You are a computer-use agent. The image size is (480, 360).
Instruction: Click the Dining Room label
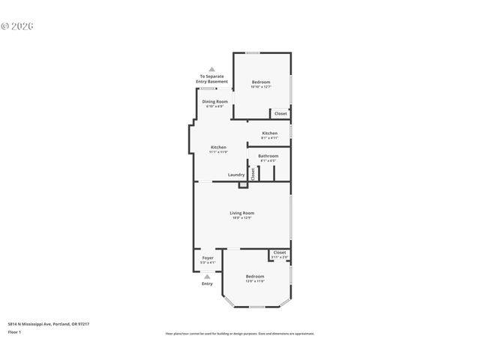(215, 101)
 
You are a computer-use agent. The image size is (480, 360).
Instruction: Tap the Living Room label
(241, 213)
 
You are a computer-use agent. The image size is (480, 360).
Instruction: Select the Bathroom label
(268, 156)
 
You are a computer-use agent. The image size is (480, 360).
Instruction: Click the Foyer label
(208, 258)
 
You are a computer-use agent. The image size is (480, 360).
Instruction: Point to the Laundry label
(236, 175)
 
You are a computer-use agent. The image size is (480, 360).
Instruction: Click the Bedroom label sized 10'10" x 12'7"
(261, 82)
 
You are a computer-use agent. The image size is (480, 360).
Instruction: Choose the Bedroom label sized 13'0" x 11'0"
(255, 277)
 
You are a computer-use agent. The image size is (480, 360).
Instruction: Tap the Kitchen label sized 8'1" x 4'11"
(269, 133)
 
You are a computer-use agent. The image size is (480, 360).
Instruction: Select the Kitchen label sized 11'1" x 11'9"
(218, 147)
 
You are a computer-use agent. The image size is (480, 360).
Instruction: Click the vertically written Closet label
(253, 174)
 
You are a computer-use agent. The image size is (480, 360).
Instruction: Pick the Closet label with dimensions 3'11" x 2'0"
(280, 253)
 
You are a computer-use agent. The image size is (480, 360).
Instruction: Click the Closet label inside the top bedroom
(280, 113)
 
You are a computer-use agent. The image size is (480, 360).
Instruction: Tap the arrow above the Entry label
(207, 276)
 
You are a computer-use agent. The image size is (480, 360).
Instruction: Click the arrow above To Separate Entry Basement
(211, 69)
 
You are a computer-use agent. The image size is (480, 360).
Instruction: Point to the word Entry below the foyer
(207, 283)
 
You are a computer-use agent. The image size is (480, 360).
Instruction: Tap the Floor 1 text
(15, 331)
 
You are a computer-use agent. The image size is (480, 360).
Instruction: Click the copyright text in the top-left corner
(17, 25)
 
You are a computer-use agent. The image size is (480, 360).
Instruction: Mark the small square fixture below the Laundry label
(241, 184)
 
